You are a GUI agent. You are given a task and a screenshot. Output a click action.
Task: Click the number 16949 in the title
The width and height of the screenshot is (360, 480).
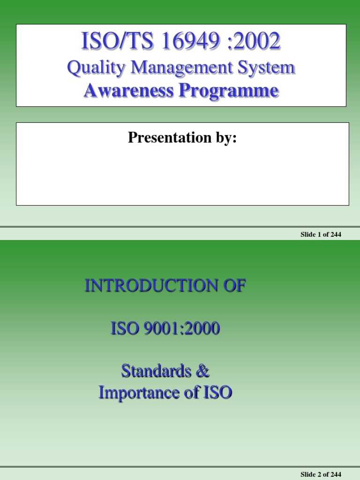[x=190, y=41]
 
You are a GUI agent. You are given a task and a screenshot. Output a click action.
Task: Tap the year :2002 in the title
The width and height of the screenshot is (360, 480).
[x=254, y=41]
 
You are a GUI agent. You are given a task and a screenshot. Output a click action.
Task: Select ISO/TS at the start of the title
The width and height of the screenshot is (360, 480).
[x=117, y=41]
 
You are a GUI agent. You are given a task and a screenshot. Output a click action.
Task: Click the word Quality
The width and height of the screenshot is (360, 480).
[x=96, y=67]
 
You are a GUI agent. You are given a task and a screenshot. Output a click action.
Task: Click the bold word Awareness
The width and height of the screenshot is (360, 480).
[x=128, y=90]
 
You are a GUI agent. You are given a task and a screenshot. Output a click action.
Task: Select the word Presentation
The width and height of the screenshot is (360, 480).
[x=170, y=137]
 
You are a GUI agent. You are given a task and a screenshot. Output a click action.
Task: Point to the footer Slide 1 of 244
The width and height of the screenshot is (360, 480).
[x=321, y=234]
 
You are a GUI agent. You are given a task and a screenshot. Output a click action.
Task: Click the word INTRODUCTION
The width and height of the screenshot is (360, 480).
[x=151, y=285]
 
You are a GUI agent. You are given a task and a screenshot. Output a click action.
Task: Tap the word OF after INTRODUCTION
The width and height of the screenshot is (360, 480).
[x=234, y=285]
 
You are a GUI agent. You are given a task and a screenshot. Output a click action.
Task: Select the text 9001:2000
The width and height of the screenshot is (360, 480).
[x=182, y=329]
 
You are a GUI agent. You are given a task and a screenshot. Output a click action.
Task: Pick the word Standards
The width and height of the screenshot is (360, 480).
[x=156, y=371]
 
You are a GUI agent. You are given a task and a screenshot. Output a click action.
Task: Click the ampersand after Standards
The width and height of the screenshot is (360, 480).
[x=202, y=371]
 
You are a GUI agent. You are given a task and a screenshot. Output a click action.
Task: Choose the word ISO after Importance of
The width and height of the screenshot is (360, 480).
[x=218, y=392]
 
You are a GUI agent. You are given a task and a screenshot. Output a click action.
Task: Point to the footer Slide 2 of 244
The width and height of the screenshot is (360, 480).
[x=321, y=474]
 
